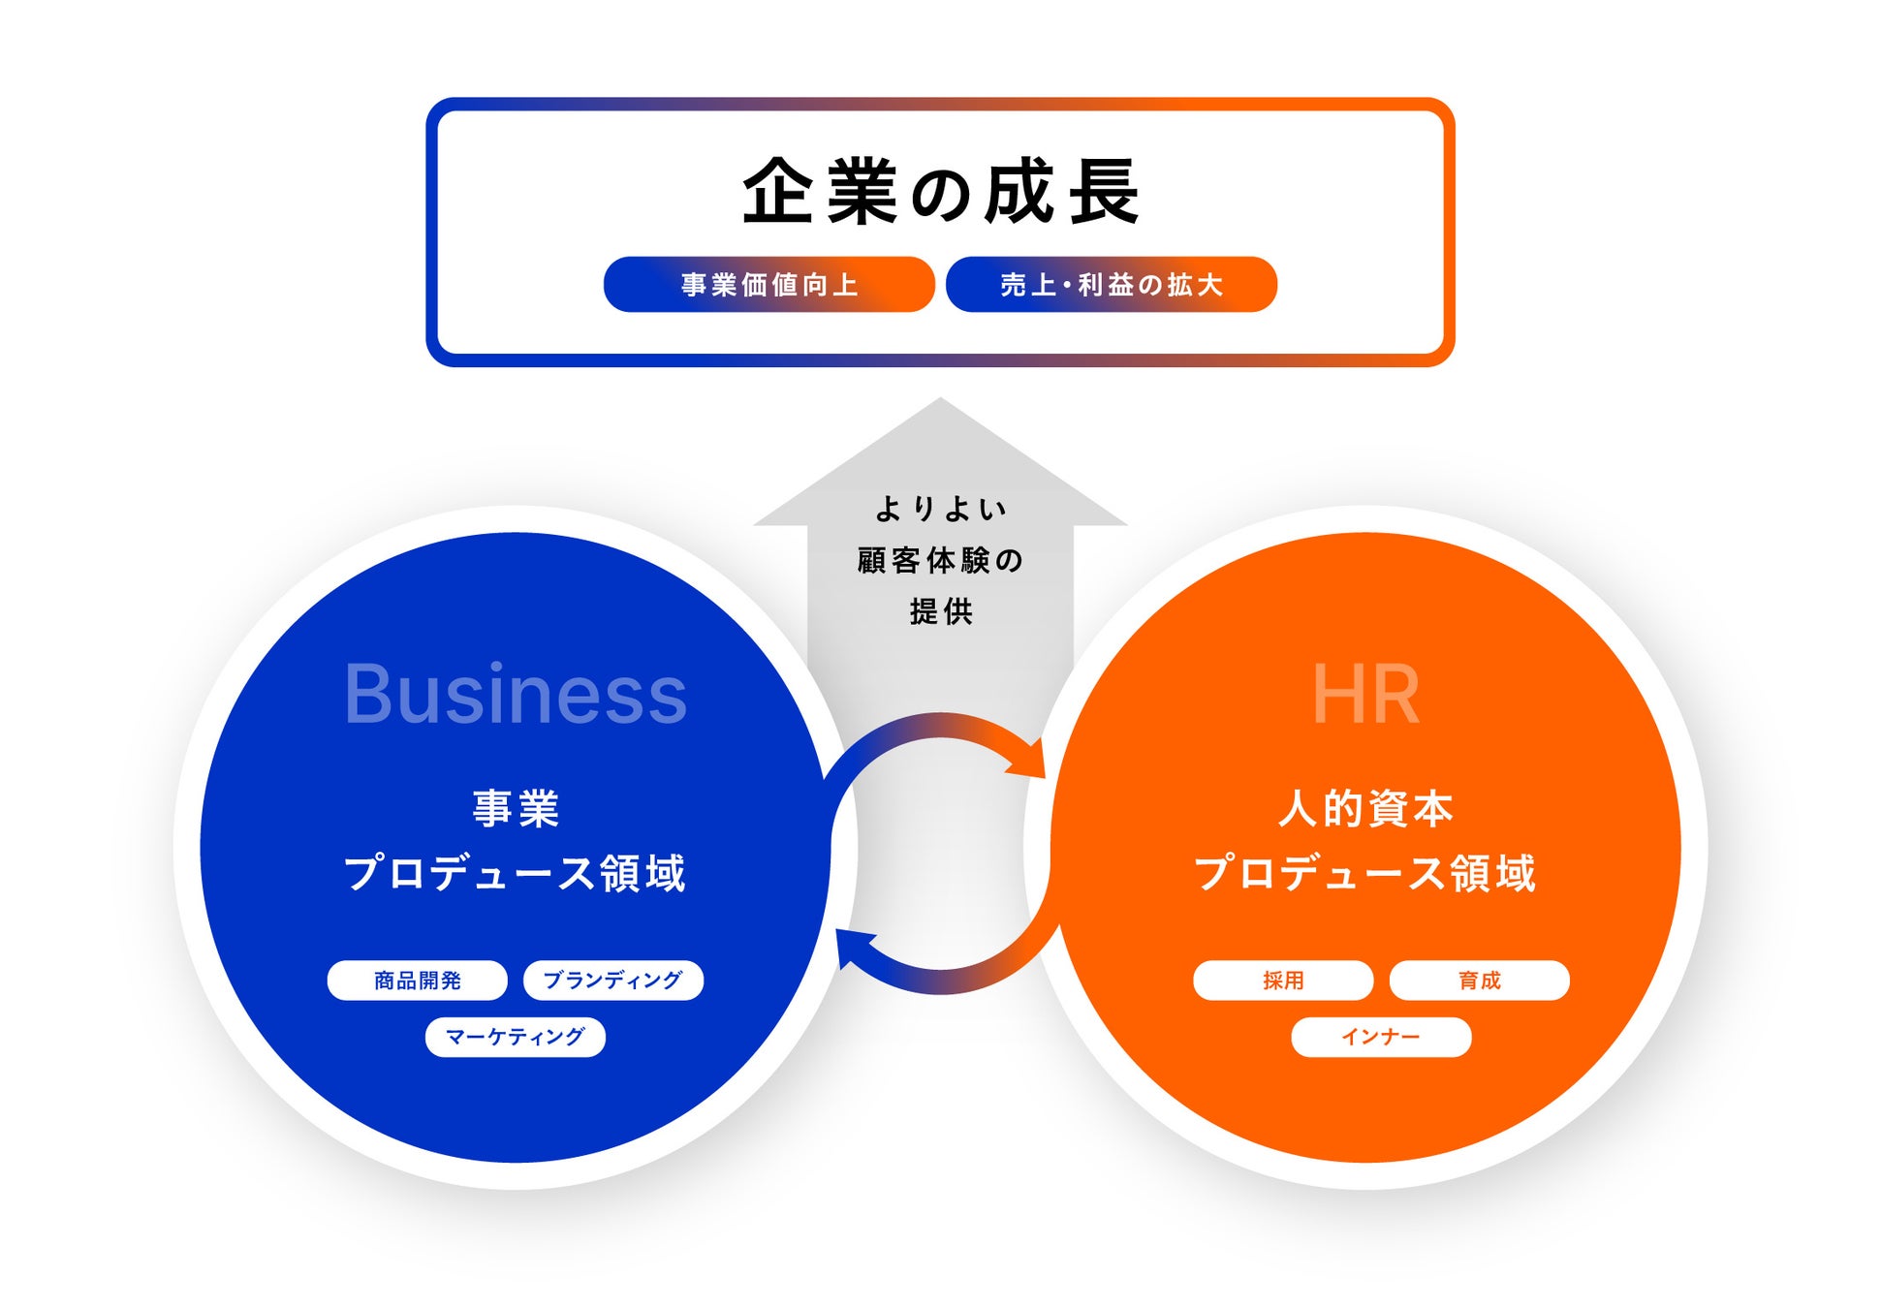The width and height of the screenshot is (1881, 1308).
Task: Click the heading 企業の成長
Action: coord(940,192)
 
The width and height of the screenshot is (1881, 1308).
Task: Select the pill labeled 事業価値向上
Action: coord(768,285)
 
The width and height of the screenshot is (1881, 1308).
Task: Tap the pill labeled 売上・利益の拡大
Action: coord(1111,285)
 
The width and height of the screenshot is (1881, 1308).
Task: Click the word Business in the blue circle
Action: coord(516,694)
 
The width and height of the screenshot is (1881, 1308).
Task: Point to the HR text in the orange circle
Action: coord(1365,694)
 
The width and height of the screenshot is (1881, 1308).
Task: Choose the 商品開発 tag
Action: coord(417,981)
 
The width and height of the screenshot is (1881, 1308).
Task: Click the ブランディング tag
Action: coord(612,981)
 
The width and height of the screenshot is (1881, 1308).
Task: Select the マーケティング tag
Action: coord(515,1037)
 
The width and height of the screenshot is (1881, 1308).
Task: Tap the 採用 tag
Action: coord(1283,981)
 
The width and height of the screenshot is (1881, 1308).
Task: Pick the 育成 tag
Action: coord(1479,981)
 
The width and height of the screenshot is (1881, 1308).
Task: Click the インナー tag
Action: coord(1381,1037)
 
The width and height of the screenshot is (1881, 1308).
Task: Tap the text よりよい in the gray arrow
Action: coord(940,509)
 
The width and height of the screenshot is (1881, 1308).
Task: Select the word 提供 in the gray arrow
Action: coord(940,611)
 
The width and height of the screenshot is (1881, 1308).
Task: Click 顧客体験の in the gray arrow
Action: coord(940,560)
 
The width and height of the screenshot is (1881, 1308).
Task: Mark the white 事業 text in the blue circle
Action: coord(516,808)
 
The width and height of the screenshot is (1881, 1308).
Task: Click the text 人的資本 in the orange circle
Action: coord(1365,808)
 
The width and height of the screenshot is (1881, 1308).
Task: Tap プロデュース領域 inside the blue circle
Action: coord(516,872)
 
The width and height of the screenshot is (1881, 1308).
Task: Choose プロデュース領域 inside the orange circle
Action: coord(1365,872)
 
